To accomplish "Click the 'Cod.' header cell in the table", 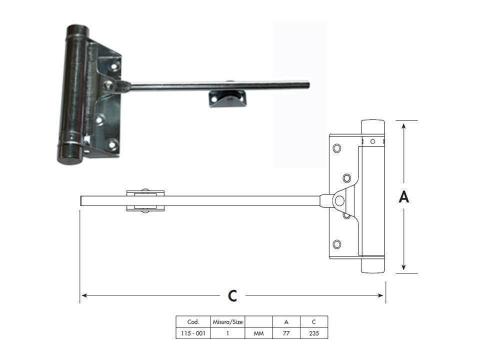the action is click(193, 322).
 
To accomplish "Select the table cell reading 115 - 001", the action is click(193, 333).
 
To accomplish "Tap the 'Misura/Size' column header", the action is click(228, 322).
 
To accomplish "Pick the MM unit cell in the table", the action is click(259, 333).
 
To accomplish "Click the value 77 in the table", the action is click(286, 333).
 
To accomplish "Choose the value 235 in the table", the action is click(314, 333).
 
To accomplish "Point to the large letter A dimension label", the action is click(404, 197).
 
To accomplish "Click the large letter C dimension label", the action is click(233, 296).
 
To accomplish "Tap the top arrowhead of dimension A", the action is click(404, 126).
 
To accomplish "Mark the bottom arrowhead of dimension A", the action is click(404, 267).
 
